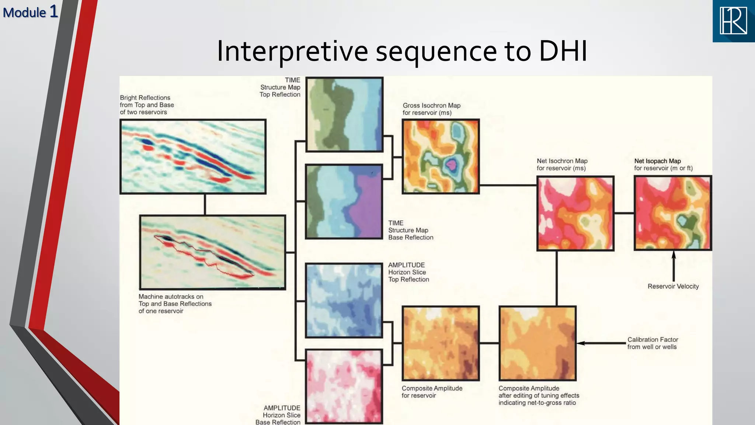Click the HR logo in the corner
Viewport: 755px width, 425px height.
tap(734, 21)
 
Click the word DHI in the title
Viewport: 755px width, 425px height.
tap(563, 51)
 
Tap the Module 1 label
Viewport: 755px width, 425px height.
tap(30, 12)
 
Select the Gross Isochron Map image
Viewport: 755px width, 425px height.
tap(441, 156)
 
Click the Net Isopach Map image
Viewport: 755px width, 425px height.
tap(673, 213)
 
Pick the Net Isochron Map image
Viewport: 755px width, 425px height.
tap(575, 213)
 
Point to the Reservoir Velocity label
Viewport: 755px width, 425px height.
tap(673, 286)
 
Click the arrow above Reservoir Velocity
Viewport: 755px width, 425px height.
tap(674, 266)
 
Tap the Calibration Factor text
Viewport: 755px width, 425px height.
tap(653, 343)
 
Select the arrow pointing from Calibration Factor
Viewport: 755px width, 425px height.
tap(601, 343)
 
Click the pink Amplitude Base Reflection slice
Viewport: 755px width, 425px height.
tap(344, 386)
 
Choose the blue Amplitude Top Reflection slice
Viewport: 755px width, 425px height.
tap(344, 300)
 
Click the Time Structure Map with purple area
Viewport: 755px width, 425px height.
tap(344, 201)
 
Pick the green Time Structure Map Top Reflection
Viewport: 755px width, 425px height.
tap(344, 114)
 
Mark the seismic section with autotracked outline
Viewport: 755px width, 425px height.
tap(212, 252)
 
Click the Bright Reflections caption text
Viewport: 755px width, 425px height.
tap(147, 105)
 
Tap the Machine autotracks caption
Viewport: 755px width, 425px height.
tap(175, 304)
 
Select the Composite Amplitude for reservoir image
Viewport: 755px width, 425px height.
tap(441, 343)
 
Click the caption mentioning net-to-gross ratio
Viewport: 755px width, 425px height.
tap(539, 395)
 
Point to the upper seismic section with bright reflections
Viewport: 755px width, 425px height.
tap(193, 156)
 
